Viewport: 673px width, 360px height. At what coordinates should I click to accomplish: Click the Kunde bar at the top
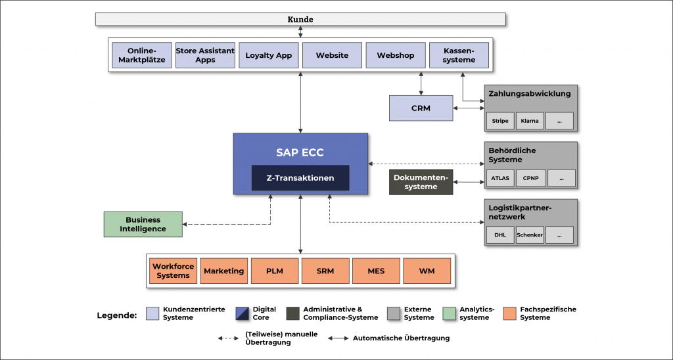click(x=300, y=19)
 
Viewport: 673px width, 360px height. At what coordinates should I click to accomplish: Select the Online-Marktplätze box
click(x=142, y=55)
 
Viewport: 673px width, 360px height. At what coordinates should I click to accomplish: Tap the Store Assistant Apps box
click(x=205, y=55)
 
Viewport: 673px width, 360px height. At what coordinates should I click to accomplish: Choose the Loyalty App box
click(x=268, y=55)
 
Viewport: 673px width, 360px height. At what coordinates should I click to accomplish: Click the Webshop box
click(x=396, y=55)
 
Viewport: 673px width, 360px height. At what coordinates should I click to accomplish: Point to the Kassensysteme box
click(x=459, y=55)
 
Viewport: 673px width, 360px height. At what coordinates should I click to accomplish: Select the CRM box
click(x=421, y=108)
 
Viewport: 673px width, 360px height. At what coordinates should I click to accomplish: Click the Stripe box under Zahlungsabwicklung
click(x=500, y=121)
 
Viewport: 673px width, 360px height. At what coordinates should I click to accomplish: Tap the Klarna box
click(x=530, y=121)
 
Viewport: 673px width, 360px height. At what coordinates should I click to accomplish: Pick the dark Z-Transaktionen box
click(x=300, y=178)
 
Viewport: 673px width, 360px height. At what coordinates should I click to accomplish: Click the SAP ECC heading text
click(x=300, y=152)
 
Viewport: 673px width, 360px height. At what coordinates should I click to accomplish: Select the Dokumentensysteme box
click(x=421, y=182)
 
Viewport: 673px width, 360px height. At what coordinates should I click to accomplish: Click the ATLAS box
click(x=500, y=178)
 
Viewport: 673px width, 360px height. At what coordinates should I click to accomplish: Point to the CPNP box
click(x=530, y=178)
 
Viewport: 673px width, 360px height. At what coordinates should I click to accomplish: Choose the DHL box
click(x=500, y=235)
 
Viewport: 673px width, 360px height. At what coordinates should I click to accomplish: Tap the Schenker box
click(x=530, y=235)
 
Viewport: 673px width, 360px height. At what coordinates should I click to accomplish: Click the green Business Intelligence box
click(x=143, y=224)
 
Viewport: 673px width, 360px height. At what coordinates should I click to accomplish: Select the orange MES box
click(x=376, y=271)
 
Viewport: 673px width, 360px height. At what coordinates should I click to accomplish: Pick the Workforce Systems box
click(x=174, y=271)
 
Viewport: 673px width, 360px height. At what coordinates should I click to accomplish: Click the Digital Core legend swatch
click(x=243, y=313)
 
